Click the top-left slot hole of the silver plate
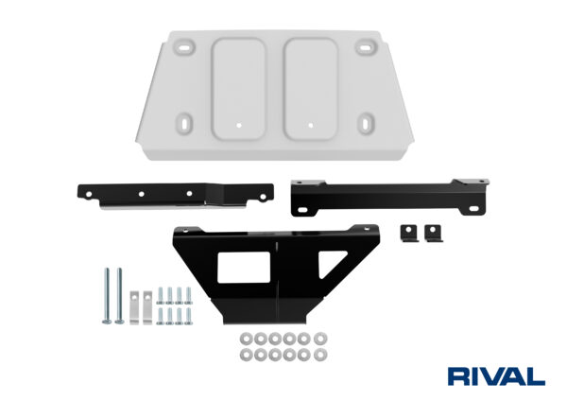pos(186,47)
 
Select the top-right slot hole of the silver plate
pos(364,48)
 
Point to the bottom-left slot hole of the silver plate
pos(184,122)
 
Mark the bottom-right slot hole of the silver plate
pos(367,123)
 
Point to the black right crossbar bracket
pos(387,194)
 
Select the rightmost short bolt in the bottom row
pos(189,315)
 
